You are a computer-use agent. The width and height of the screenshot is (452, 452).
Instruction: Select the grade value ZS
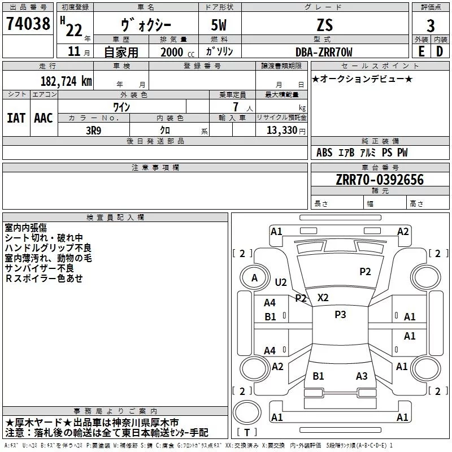click(x=325, y=25)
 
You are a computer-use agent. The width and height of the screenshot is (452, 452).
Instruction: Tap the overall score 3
click(x=431, y=26)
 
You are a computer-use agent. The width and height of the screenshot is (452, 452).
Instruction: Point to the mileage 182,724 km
click(x=66, y=81)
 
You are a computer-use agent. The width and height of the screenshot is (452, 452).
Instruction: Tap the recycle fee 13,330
click(x=282, y=130)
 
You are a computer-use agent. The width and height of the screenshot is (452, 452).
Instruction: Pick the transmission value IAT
click(x=16, y=118)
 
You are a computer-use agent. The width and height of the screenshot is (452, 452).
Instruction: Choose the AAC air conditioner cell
click(x=44, y=118)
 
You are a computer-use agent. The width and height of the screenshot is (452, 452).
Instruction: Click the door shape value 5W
click(x=220, y=25)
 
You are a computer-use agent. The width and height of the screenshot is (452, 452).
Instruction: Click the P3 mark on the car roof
click(x=340, y=315)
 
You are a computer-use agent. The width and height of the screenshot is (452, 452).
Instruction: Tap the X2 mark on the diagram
click(x=323, y=297)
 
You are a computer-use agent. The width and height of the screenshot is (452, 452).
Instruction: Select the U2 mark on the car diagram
click(x=281, y=282)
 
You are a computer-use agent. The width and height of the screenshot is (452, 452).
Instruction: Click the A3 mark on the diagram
click(x=362, y=376)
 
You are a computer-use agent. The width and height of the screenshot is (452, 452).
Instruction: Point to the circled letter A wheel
click(x=254, y=277)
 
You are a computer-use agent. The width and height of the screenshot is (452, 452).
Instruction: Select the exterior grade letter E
click(x=421, y=51)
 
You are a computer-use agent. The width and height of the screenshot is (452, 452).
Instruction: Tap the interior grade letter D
click(x=440, y=51)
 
